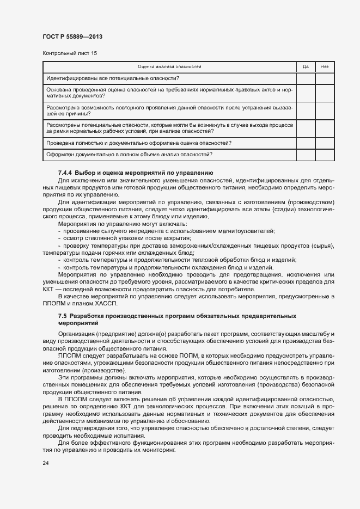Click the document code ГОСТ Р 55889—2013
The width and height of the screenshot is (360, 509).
pyautogui.click(x=72, y=36)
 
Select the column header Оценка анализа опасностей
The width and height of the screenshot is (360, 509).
pyautogui.click(x=169, y=67)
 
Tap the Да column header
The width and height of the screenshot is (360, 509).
pyautogui.click(x=306, y=67)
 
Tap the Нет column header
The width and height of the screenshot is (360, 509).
pyautogui.click(x=325, y=67)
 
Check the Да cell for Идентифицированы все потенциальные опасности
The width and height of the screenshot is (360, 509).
pyautogui.click(x=306, y=78)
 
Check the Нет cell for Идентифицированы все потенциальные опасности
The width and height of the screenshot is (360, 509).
pyautogui.click(x=325, y=78)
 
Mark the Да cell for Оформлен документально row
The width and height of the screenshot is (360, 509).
pyautogui.click(x=306, y=155)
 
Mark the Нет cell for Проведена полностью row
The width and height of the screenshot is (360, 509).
pyautogui.click(x=325, y=143)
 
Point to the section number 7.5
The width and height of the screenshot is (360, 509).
pyautogui.click(x=63, y=316)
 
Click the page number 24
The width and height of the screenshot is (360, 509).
pyautogui.click(x=45, y=463)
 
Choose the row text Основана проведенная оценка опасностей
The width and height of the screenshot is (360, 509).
pyautogui.click(x=169, y=92)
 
